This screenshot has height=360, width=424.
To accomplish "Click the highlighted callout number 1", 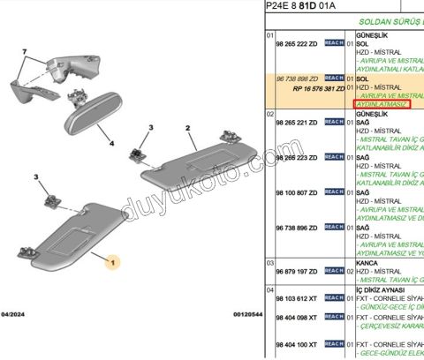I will (x=111, y=262).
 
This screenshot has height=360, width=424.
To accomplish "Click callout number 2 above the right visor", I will (x=188, y=129).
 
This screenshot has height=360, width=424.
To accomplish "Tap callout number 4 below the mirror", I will (x=112, y=142).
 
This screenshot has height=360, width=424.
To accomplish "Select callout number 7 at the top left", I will (x=25, y=53).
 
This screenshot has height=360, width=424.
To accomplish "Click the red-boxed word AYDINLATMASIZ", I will (x=382, y=104).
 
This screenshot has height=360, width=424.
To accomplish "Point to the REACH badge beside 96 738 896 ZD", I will (x=334, y=227).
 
